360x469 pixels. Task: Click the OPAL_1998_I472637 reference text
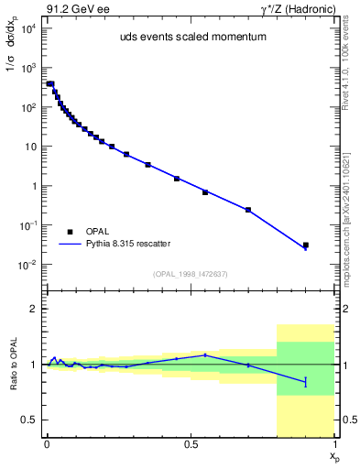(x=191, y=272)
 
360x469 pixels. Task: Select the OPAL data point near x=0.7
(x=248, y=210)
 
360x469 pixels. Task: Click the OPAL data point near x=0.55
(x=205, y=192)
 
